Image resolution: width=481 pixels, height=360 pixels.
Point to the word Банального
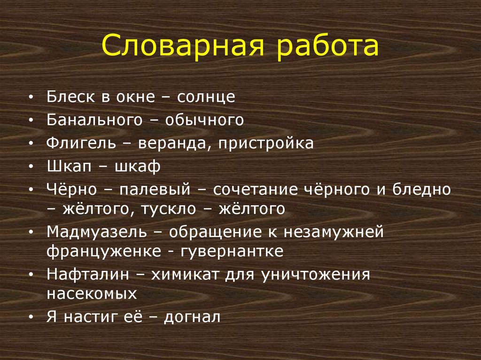point(93,120)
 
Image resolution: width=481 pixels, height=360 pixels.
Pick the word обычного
point(204,120)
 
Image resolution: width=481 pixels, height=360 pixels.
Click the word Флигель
point(80,143)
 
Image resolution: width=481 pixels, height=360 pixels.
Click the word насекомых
point(92,293)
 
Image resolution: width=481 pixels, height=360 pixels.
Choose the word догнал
point(193,317)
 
